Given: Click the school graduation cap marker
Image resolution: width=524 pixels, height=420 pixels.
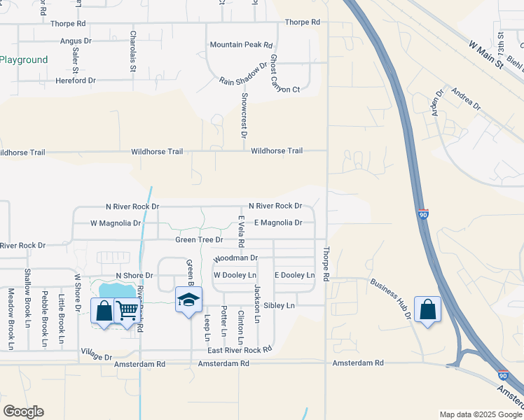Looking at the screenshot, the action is [188, 300].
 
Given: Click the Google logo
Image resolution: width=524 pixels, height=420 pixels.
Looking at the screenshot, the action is [23, 412].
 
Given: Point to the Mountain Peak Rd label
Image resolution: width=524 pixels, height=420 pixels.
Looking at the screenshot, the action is [241, 45].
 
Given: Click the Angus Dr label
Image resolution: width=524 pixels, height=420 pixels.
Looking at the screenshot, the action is [76, 41].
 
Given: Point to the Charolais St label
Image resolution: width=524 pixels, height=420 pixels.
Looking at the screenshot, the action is [132, 53].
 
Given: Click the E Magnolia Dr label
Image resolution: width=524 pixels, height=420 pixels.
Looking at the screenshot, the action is [278, 223].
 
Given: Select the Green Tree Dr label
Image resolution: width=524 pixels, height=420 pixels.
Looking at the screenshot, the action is [199, 240].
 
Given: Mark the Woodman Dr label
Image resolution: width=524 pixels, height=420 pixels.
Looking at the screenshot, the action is [235, 258].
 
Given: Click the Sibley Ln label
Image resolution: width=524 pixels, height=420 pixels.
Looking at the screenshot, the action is [280, 306].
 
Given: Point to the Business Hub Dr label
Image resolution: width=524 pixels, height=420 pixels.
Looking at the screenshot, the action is [391, 299].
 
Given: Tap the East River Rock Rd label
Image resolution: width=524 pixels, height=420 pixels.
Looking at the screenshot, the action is [239, 350].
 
